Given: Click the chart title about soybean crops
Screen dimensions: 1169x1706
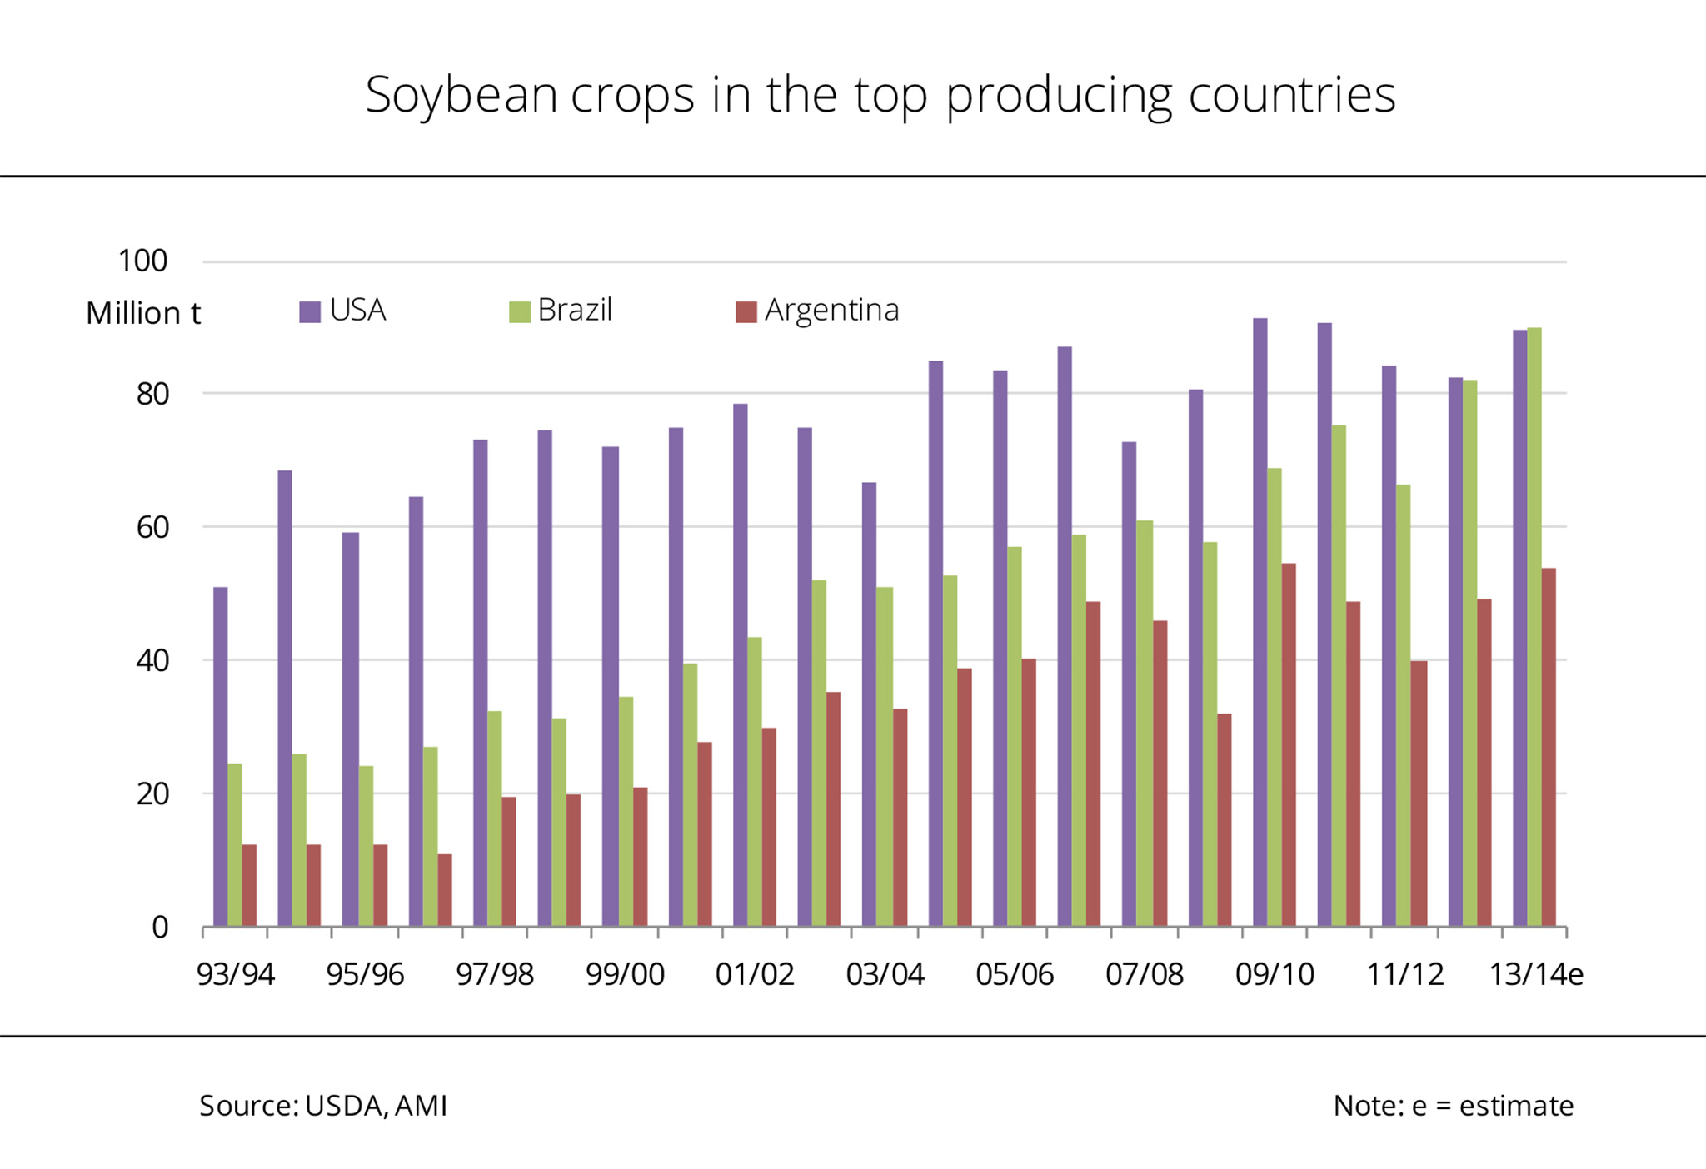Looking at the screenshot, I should point(880,94).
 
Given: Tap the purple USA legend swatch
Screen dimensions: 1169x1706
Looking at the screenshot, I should point(310,311).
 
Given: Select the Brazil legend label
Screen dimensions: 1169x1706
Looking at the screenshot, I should point(575,310).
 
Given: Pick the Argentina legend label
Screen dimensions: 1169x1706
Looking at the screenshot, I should point(831,310).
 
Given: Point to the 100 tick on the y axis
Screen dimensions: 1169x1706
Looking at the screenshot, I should point(143,261).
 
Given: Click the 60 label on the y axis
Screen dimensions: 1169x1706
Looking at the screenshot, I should point(152,527).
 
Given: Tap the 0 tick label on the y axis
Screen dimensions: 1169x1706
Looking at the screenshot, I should point(160,927).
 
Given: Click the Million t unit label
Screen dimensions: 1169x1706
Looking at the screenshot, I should point(143,313).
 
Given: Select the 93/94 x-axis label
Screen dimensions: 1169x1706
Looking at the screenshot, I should point(236,974).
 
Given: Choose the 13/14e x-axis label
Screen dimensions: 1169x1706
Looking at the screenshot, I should point(1535,974).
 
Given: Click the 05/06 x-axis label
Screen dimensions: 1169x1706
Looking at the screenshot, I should point(1015,974).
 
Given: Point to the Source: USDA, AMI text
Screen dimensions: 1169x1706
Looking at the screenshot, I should point(323,1106).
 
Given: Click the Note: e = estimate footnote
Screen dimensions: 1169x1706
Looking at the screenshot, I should point(1453,1106).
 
